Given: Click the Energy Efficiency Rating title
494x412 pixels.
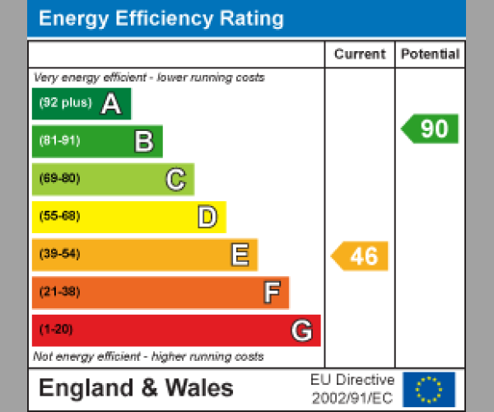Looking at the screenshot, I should (x=161, y=19).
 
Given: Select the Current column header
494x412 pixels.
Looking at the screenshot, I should (x=360, y=54).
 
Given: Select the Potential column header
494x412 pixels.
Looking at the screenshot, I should (x=430, y=54).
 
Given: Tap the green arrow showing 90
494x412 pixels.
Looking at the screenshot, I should (x=431, y=129).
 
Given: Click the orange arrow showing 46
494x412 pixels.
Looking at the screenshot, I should (x=361, y=255).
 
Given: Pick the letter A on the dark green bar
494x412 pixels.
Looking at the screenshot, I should (x=111, y=104).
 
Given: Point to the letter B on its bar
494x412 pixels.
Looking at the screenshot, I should (x=143, y=142).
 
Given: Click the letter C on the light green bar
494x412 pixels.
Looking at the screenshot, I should (x=175, y=179).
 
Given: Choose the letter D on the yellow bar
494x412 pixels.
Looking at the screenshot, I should (x=207, y=217).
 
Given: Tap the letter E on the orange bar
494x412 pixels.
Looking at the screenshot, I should (x=239, y=255).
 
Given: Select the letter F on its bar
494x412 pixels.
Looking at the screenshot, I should (x=271, y=292).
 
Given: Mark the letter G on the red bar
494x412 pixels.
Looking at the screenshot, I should (x=302, y=330).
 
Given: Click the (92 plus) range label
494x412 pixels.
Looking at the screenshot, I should (x=65, y=104).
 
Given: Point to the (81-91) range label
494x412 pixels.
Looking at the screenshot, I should (x=59, y=141).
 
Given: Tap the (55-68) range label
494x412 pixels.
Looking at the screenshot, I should (x=59, y=217).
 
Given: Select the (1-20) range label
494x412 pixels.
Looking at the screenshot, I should (x=56, y=330).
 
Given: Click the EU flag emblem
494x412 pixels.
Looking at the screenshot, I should (x=428, y=389).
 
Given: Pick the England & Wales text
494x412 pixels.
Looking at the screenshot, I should (x=136, y=388).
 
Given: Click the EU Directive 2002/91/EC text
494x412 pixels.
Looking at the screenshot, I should (x=352, y=389).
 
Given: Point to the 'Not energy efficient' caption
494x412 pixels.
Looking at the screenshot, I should (x=148, y=357).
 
